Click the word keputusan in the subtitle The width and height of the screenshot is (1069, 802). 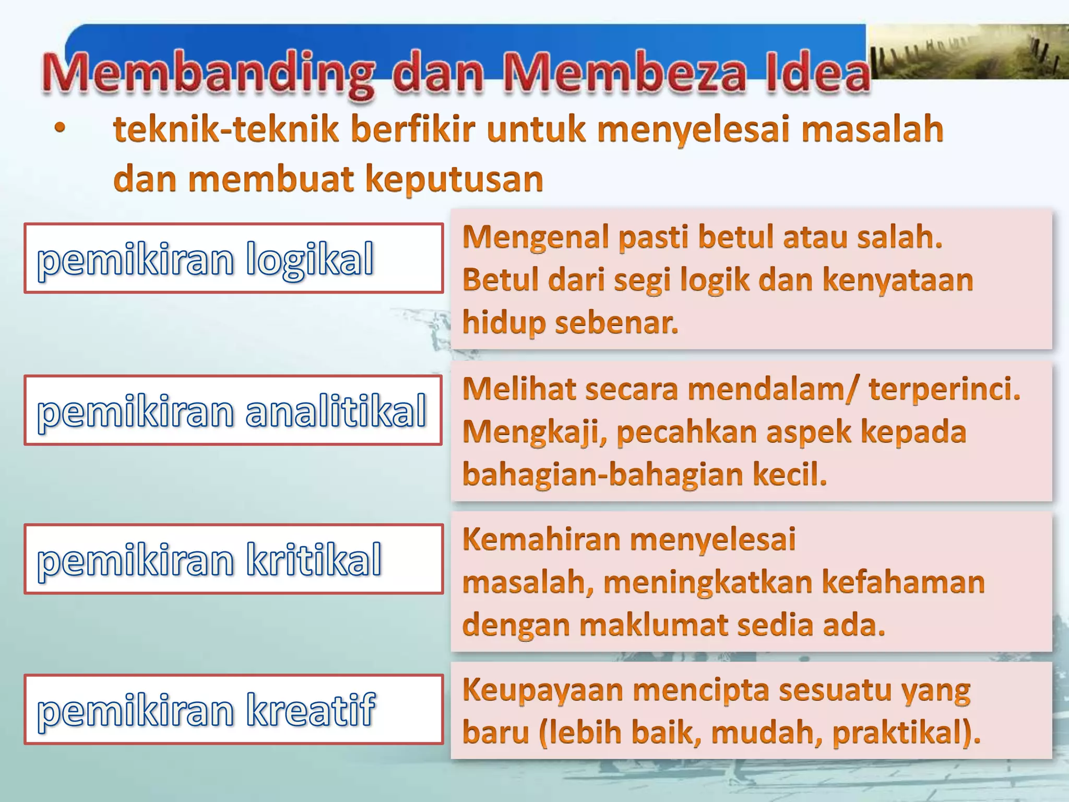tap(454, 179)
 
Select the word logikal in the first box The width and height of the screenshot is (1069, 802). tap(310, 259)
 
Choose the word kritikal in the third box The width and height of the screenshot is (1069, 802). tap(314, 560)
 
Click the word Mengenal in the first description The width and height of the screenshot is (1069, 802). tap(535, 238)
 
